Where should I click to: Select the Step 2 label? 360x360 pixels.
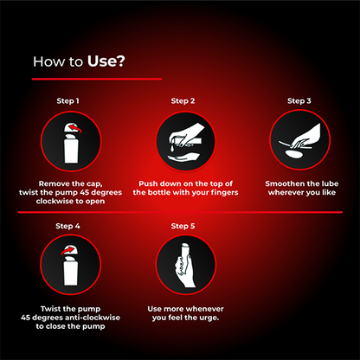[181, 101]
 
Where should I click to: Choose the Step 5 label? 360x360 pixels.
[181, 226]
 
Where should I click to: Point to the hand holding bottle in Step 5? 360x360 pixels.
[181, 267]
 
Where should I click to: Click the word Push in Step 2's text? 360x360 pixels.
[126, 183]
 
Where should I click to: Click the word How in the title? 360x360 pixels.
[46, 61]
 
